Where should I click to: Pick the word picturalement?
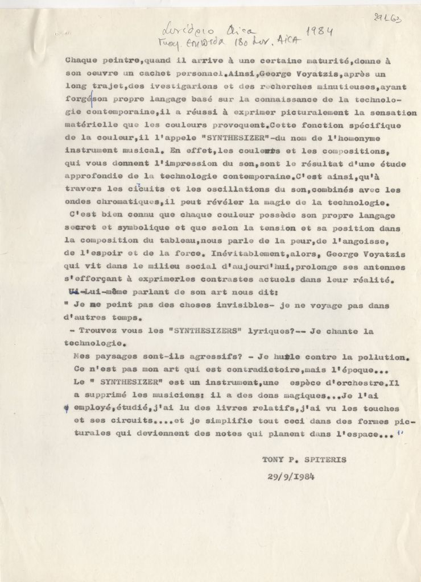tap(299, 113)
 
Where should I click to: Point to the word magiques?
tap(301, 396)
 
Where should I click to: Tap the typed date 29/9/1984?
tap(290, 476)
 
